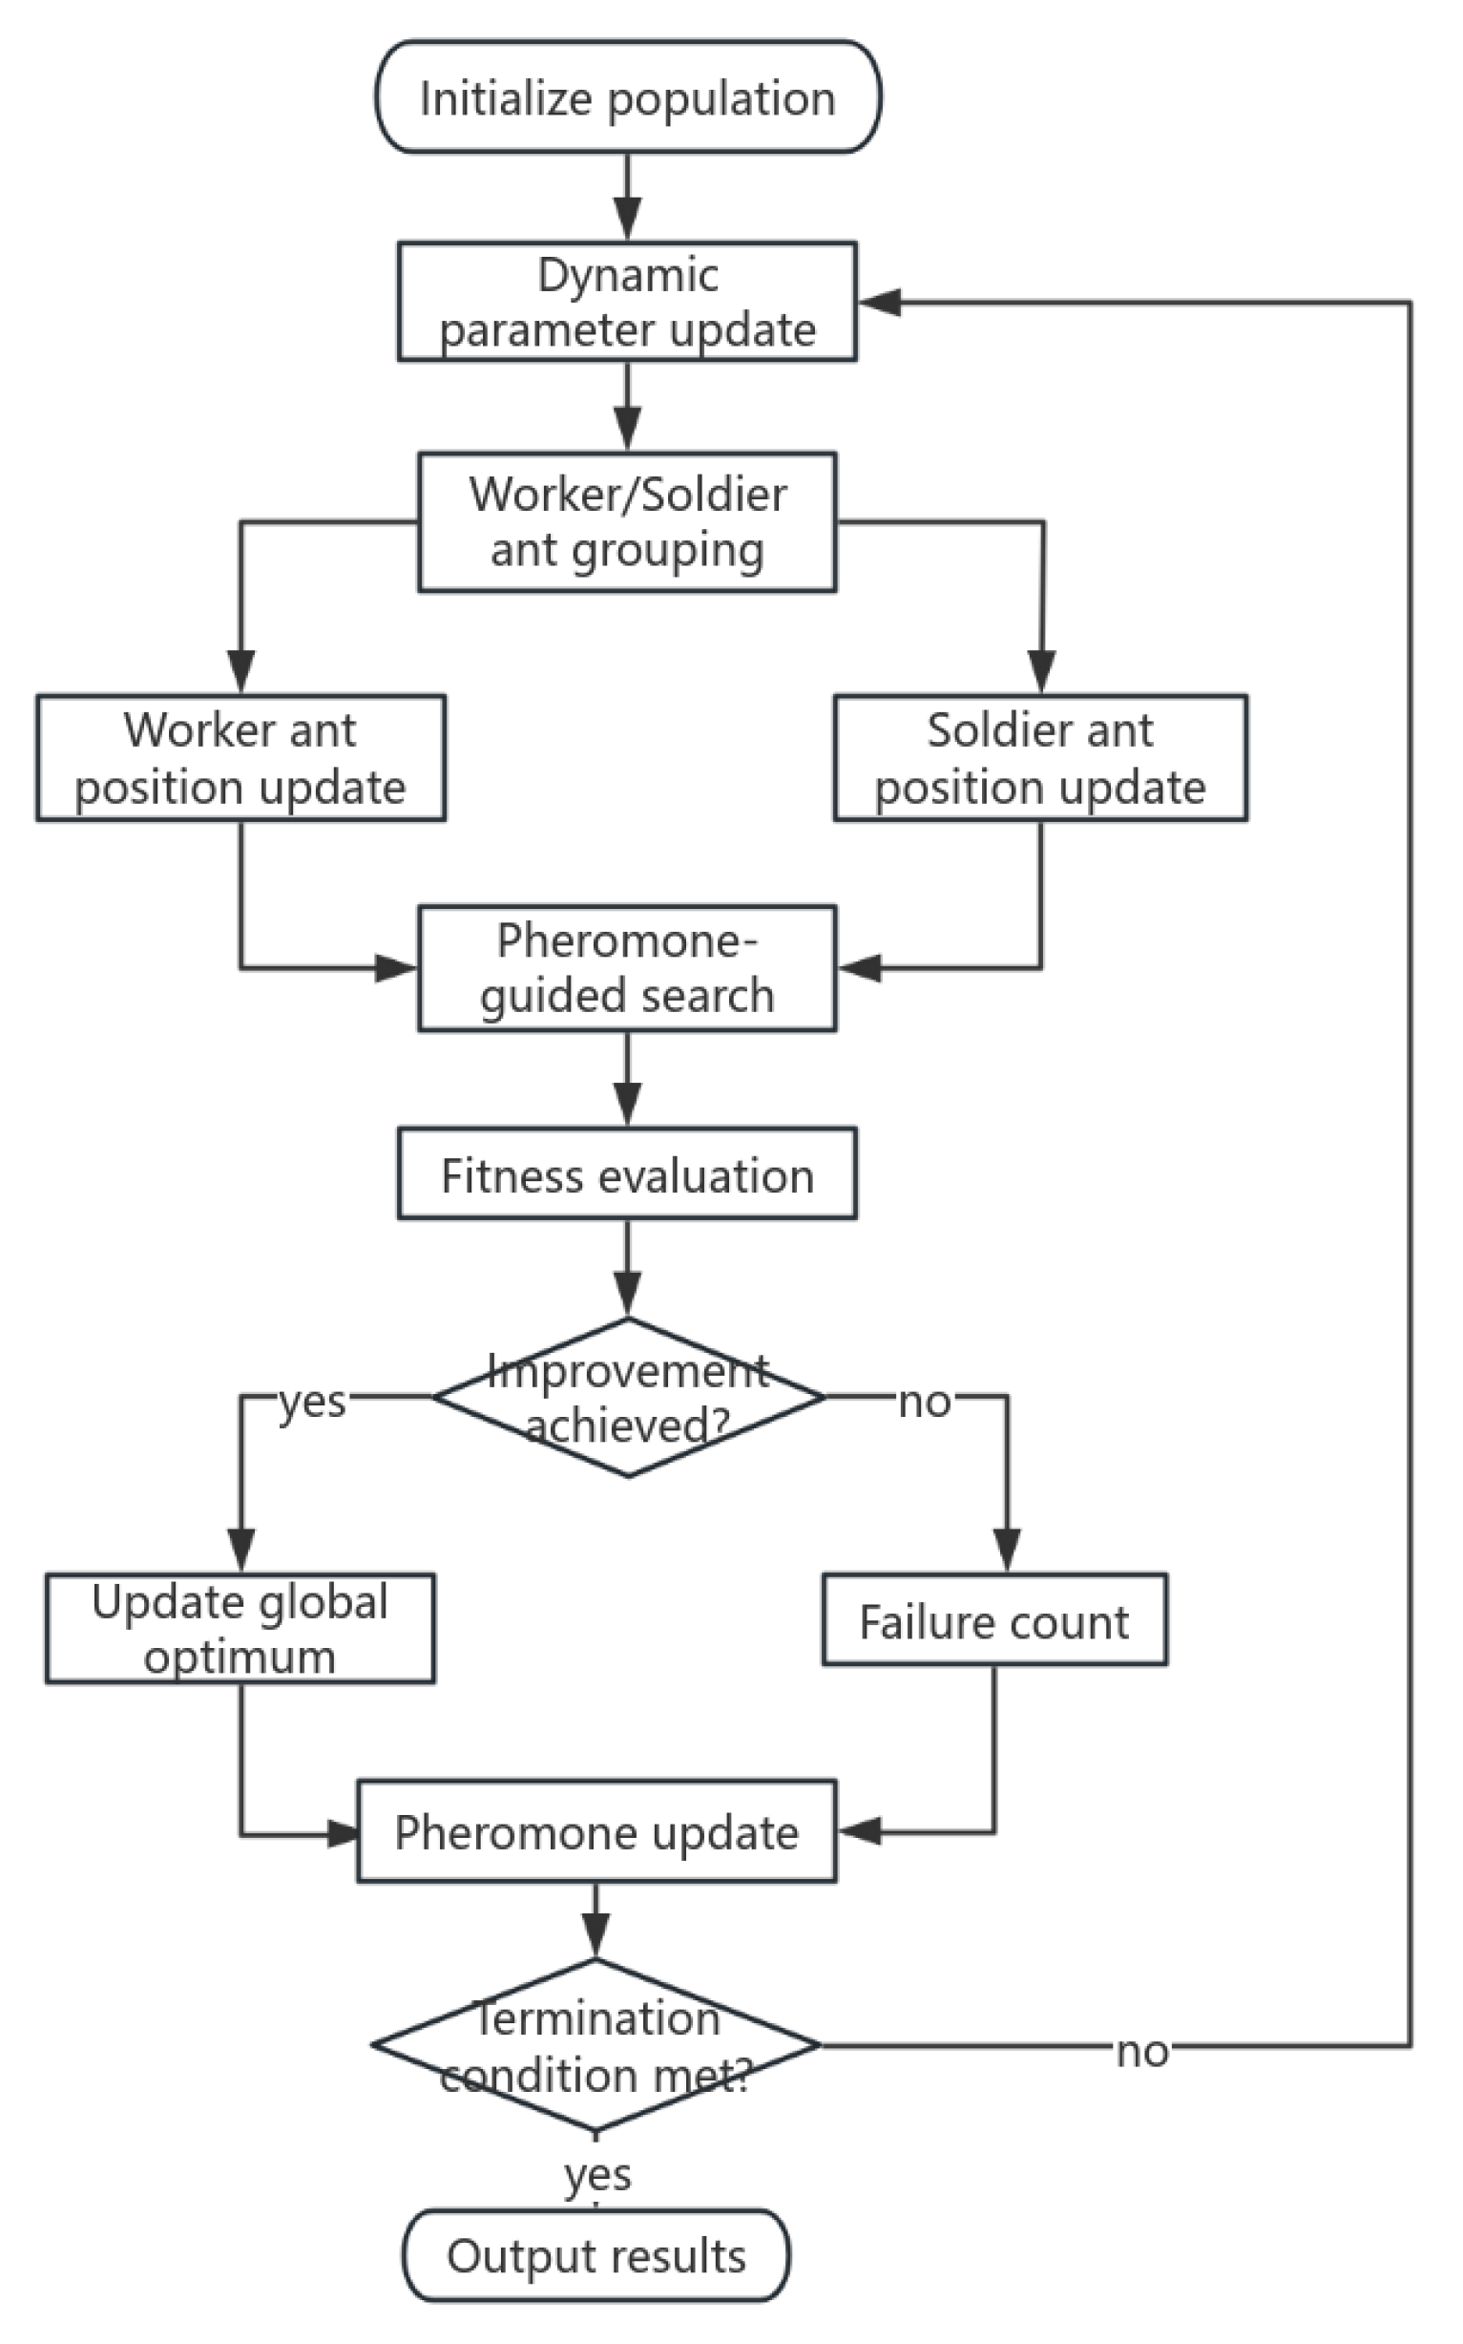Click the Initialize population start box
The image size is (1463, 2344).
(x=627, y=96)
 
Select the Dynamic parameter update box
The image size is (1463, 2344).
(x=627, y=302)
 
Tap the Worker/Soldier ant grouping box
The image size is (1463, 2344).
(x=627, y=521)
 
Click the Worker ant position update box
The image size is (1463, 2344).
(x=240, y=758)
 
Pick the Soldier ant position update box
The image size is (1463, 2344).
(x=1040, y=758)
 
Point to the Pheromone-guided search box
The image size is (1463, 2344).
(x=627, y=968)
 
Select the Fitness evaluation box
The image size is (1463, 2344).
(x=627, y=1174)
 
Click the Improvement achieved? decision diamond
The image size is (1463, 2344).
(x=627, y=1398)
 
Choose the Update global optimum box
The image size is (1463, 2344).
(x=240, y=1628)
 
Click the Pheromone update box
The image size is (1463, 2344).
(x=596, y=1831)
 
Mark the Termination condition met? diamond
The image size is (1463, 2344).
(x=596, y=2045)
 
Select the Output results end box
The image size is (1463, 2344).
(x=596, y=2255)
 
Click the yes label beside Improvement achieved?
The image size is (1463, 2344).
(x=312, y=1401)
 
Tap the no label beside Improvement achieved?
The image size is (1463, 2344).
(x=924, y=1402)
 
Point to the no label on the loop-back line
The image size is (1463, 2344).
(x=1141, y=2051)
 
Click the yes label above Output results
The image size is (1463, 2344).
(x=598, y=2175)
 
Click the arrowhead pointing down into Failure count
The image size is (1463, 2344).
(x=1007, y=1549)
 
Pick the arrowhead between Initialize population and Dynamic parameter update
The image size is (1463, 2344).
(x=627, y=219)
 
